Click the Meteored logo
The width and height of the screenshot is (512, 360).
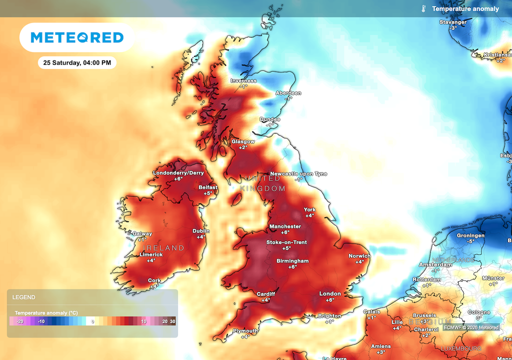tap(77, 37)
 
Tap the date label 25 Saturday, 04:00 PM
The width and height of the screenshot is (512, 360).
tap(77, 62)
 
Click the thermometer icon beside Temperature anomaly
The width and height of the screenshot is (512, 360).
tap(423, 8)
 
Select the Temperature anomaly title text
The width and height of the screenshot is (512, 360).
tap(465, 8)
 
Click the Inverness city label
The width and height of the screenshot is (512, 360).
tap(243, 80)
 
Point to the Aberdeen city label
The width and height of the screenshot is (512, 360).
tap(288, 93)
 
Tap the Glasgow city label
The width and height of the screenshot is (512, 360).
tap(243, 141)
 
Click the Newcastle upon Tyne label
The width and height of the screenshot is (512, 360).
tap(298, 173)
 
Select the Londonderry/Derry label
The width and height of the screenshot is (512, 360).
tap(178, 173)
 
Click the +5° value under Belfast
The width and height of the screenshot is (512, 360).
tap(208, 193)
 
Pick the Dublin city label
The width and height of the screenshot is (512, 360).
tap(201, 230)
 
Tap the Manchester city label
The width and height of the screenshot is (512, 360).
tap(285, 226)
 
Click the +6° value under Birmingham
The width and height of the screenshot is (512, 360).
tap(292, 267)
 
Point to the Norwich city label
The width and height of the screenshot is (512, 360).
tap(359, 256)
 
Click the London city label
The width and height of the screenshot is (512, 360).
tap(330, 293)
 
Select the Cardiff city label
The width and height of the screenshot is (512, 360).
tap(265, 293)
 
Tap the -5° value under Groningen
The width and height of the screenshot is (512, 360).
tap(470, 241)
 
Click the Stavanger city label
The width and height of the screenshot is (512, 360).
tap(453, 22)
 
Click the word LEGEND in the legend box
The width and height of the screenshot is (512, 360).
tap(24, 297)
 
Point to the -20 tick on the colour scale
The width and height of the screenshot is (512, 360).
tap(20, 321)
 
